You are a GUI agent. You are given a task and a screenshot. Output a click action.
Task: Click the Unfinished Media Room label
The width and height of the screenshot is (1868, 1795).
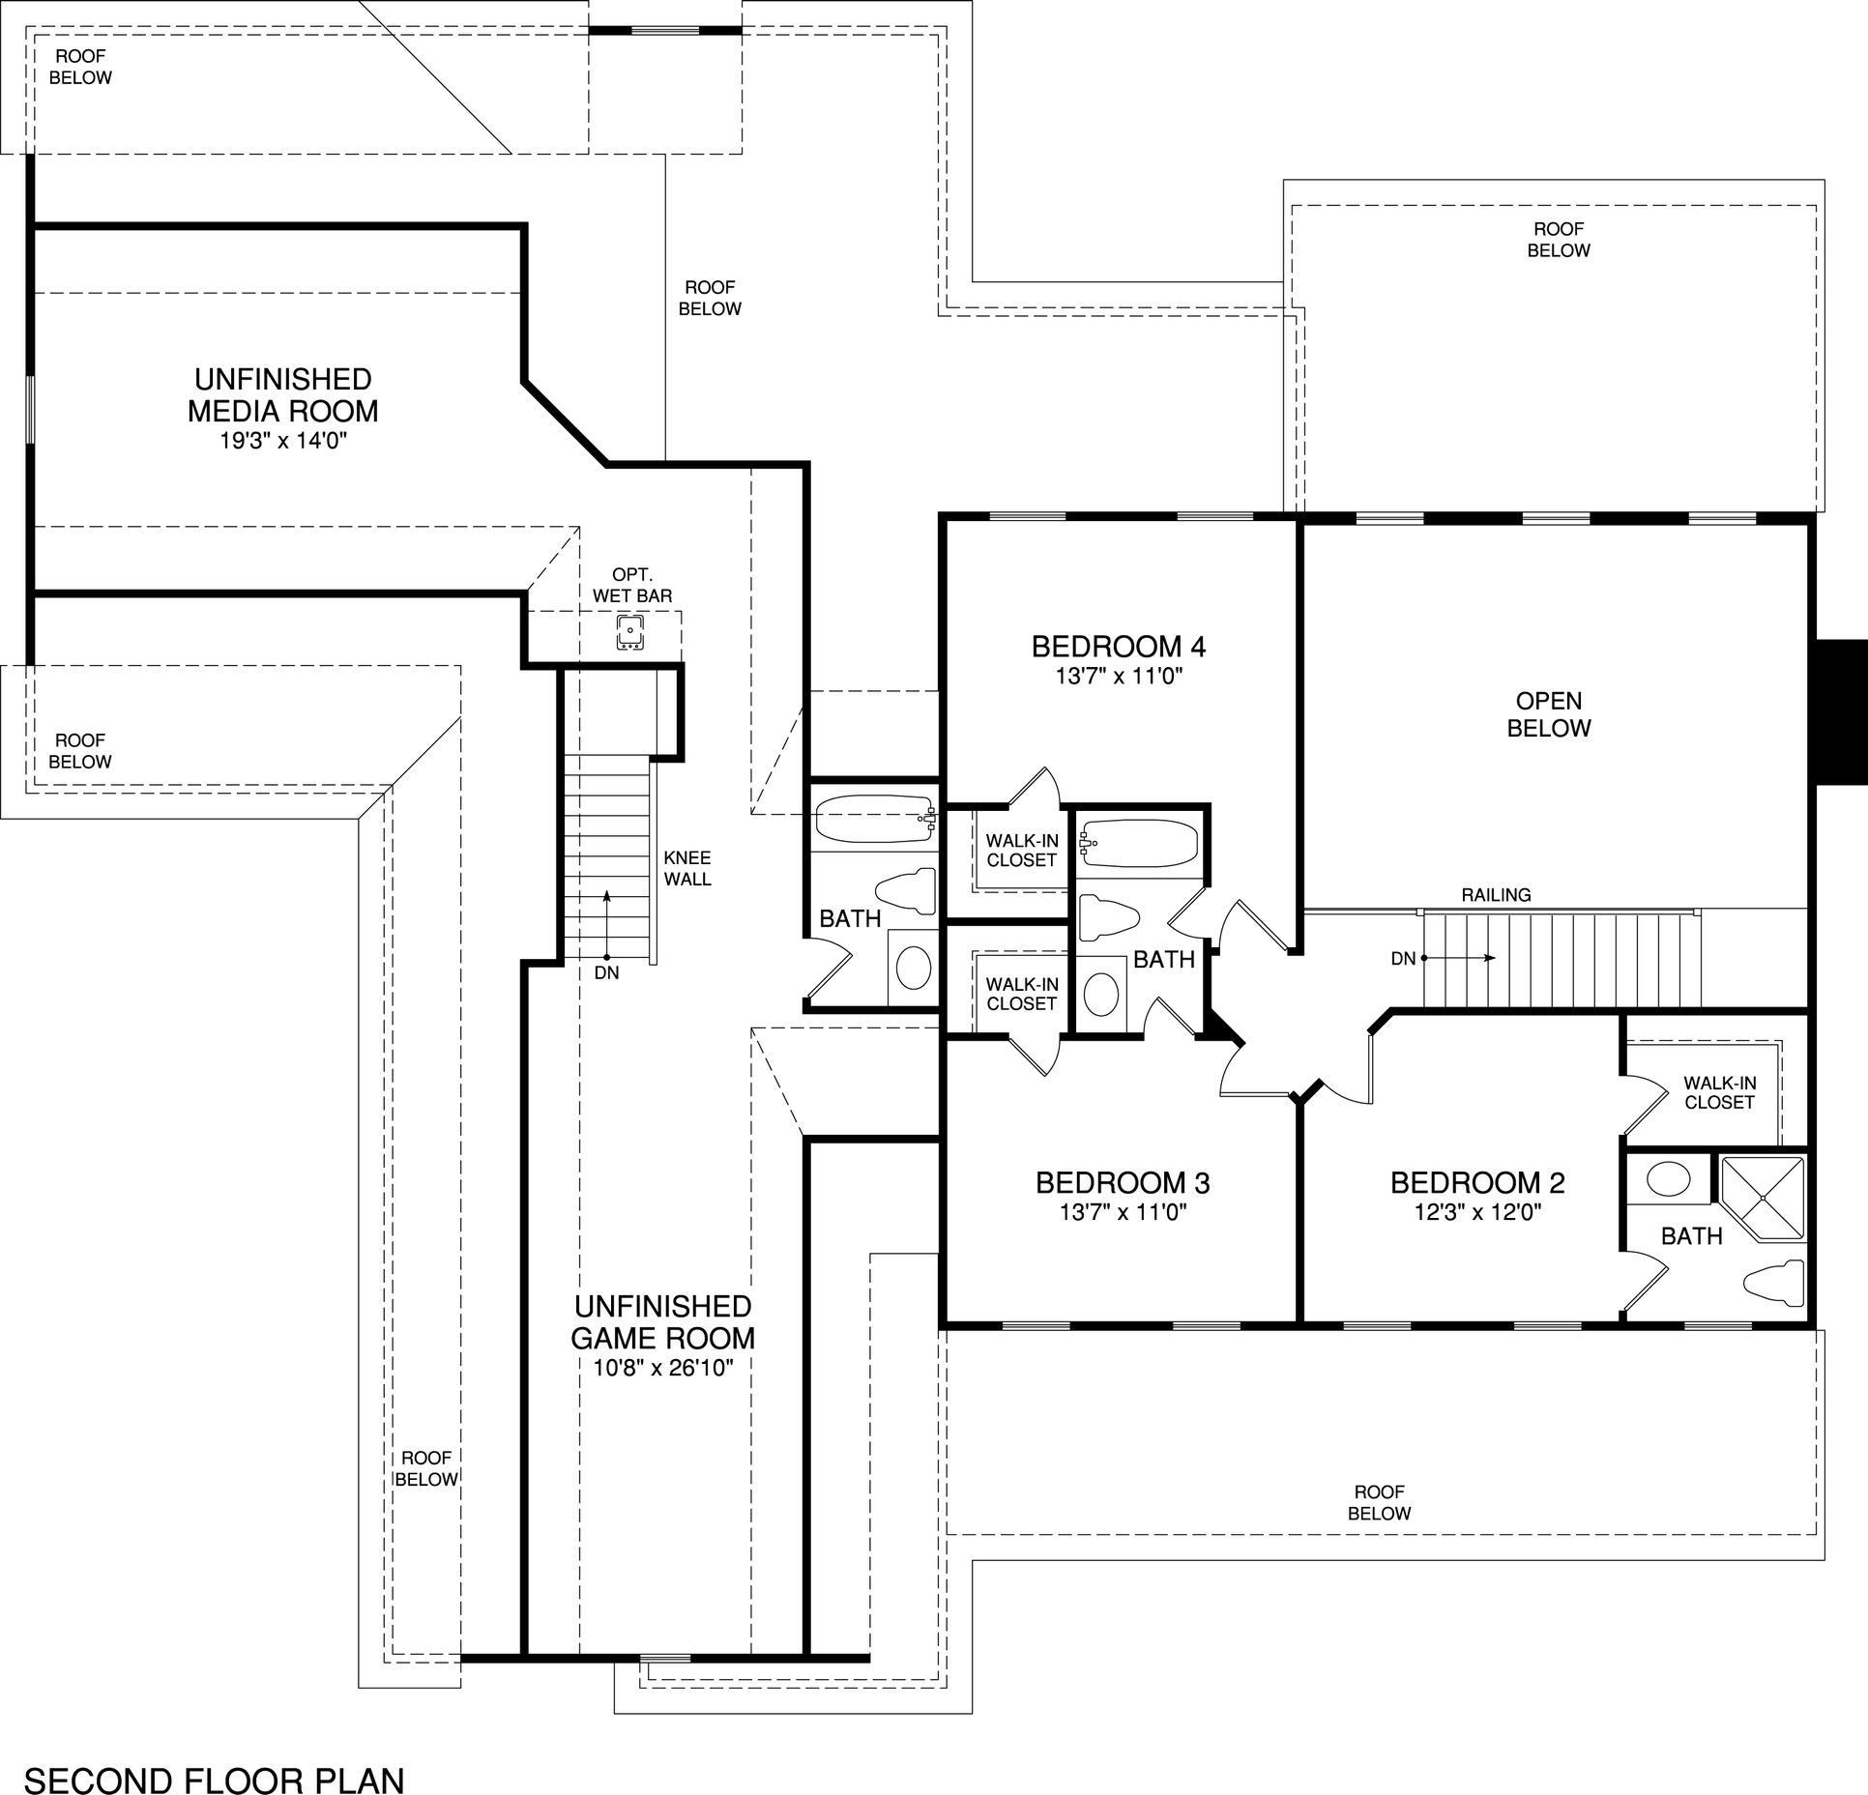pos(282,394)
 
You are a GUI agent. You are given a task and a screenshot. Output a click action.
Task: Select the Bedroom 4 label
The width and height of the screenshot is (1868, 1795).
pos(1119,646)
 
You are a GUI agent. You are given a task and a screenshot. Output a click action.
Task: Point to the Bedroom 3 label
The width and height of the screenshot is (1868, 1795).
pos(1123,1182)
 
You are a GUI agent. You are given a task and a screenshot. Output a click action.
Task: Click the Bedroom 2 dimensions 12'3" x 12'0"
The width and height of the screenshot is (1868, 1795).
pos(1477,1212)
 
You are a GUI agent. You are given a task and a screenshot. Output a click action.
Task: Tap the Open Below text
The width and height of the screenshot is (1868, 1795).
pos(1549,714)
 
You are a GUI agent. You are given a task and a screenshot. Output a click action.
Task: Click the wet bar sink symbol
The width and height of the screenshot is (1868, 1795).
pos(630,633)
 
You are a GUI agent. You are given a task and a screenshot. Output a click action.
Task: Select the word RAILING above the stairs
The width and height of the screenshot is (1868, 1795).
pos(1496,895)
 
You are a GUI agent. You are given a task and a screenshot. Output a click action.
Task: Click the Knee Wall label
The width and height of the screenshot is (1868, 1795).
pos(687,868)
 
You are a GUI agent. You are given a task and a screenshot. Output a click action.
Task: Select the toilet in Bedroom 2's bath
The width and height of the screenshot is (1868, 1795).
pos(1774,1281)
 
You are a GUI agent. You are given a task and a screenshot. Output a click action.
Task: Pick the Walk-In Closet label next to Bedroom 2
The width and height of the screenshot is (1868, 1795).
pos(1719,1092)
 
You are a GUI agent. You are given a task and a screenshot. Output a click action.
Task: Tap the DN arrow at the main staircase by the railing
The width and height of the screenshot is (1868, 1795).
pos(1459,959)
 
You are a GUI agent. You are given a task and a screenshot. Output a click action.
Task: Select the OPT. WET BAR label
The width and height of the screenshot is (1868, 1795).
pos(632,586)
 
